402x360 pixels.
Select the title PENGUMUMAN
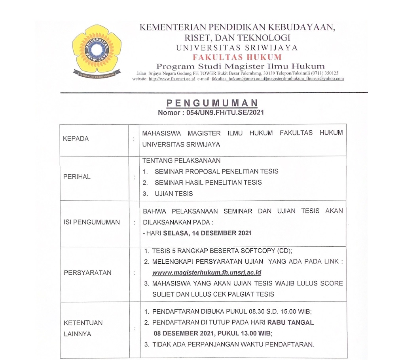[212, 103]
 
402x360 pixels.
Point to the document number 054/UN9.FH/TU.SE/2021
[225, 112]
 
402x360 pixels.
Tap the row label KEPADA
[76, 139]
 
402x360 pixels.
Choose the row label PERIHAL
[77, 177]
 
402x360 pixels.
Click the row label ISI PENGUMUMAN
[91, 222]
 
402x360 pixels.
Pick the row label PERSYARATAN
[87, 272]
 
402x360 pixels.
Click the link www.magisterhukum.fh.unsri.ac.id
[207, 272]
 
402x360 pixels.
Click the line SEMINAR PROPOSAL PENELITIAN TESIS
[216, 171]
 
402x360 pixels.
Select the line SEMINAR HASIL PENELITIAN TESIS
[208, 183]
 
